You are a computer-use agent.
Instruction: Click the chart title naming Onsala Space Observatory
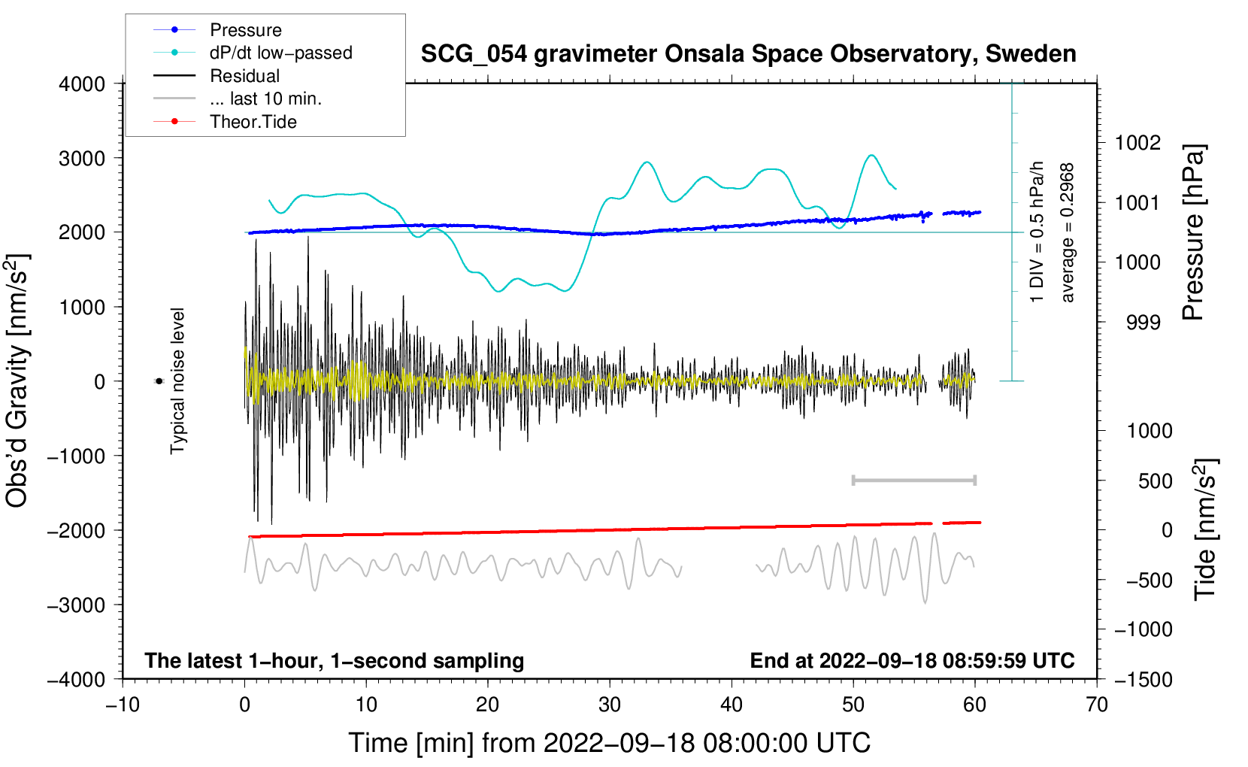(748, 54)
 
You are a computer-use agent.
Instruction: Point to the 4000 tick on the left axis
(82, 84)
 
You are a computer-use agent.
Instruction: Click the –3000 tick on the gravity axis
(77, 605)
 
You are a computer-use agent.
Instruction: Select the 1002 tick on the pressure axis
(1137, 143)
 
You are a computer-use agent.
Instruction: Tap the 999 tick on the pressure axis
(1143, 323)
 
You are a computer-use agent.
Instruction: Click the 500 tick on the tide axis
(1155, 481)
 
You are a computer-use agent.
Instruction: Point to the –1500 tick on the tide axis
(1143, 679)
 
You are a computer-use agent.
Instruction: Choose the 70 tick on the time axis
(1097, 705)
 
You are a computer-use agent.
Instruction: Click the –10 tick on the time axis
(123, 705)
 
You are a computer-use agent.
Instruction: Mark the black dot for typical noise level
(159, 381)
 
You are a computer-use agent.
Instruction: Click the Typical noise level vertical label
(177, 380)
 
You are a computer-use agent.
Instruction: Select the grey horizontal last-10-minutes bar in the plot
(913, 481)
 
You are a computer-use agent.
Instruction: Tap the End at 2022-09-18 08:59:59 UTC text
(912, 661)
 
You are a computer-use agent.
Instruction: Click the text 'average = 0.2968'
(1068, 233)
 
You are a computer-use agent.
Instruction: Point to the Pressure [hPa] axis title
(1193, 233)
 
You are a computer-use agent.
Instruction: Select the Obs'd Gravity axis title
(18, 380)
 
